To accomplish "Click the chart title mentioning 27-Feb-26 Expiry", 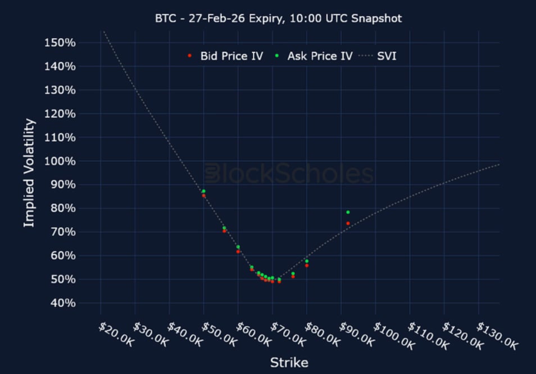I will [279, 18].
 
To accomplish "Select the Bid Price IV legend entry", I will [231, 56].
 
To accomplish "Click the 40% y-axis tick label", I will [60, 303].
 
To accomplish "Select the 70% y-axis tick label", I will [60, 232].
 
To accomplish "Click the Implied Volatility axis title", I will [29, 172].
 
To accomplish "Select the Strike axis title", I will [289, 363].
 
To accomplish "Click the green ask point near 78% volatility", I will [348, 212].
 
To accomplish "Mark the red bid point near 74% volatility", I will [348, 224].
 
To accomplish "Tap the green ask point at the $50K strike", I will [203, 191].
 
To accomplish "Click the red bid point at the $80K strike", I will [307, 266].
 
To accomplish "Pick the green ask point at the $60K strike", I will [238, 247].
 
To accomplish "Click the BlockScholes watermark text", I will [289, 174].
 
